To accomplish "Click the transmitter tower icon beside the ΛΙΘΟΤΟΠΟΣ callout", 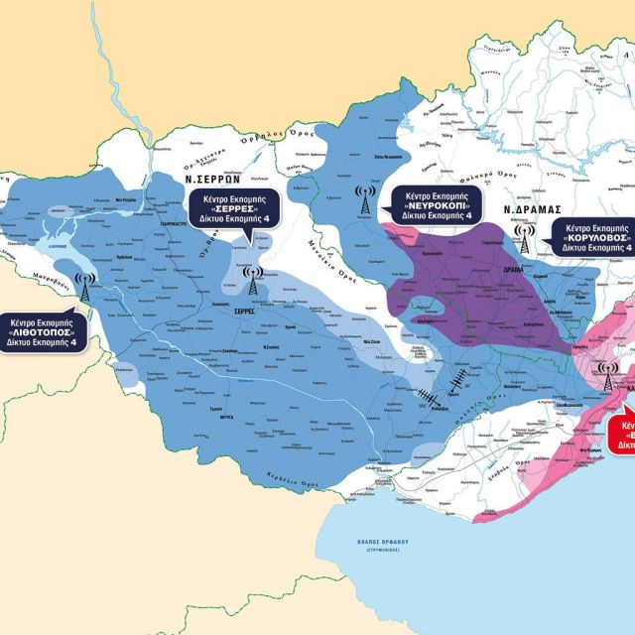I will [85, 289].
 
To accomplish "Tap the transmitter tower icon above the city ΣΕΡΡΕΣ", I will [252, 280].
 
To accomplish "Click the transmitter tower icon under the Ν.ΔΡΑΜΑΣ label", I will [522, 239].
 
